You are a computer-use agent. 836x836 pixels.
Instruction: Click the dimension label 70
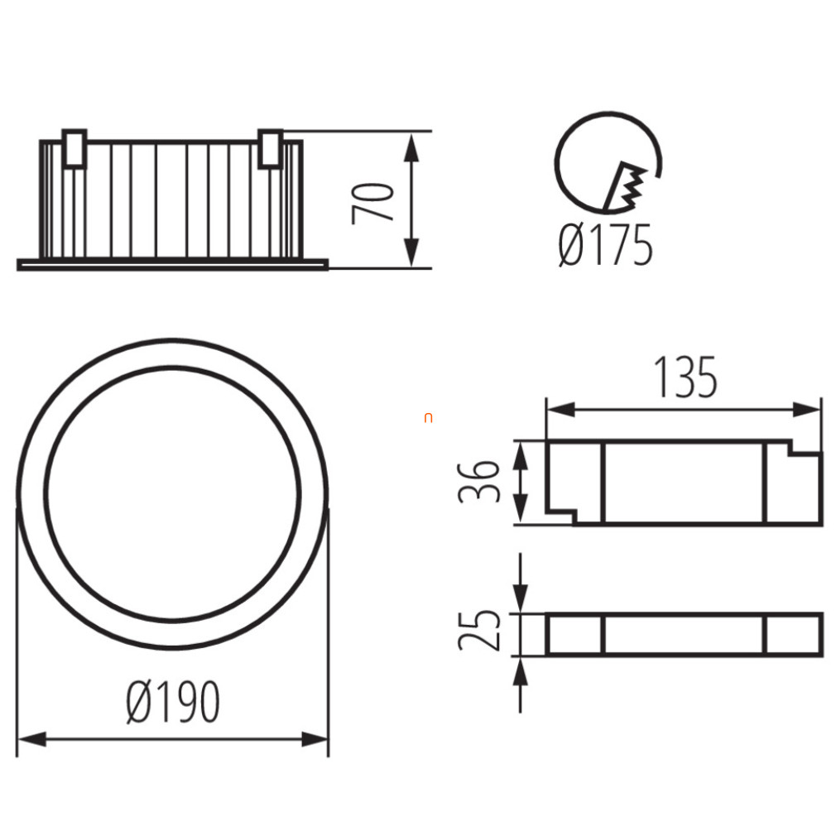pos(372,203)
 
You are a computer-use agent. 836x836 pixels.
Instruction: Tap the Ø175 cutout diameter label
pos(605,245)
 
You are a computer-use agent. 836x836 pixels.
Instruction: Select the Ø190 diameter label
pos(173,702)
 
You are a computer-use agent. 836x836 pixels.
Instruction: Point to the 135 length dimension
pos(685,377)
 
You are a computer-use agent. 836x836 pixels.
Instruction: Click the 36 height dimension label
pos(478,483)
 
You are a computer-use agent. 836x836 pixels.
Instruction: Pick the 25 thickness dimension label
pos(478,629)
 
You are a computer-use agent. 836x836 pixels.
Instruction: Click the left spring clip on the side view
pos(74,148)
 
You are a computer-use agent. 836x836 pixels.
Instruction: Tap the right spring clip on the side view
pos(271,148)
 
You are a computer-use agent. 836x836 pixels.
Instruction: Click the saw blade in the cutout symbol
pos(624,186)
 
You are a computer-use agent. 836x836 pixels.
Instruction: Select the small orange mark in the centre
pos(428,418)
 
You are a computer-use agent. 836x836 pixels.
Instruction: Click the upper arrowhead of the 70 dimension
pos(411,147)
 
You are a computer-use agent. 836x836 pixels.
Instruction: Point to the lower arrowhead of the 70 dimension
pos(411,251)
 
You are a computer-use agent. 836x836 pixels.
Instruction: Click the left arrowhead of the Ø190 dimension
pos(32,739)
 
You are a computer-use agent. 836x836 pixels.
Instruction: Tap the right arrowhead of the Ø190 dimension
pos(314,739)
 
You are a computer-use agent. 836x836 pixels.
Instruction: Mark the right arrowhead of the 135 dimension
pos(805,410)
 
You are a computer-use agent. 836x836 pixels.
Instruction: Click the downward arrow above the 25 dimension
pos(521,584)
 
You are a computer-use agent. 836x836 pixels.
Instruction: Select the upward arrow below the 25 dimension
pos(521,685)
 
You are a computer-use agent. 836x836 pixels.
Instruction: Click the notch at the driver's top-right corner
pos(805,448)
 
